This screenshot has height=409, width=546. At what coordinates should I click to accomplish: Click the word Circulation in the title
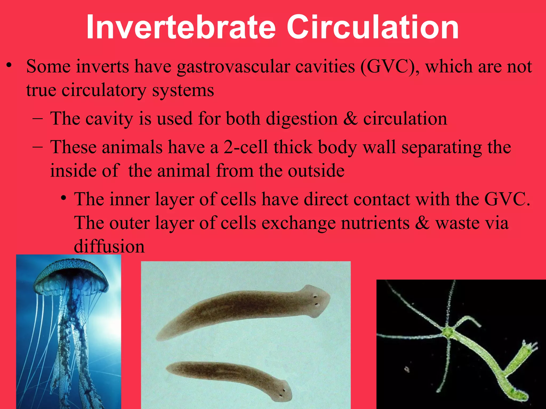coord(373,27)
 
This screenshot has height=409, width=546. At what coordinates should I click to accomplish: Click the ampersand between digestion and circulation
coord(350,119)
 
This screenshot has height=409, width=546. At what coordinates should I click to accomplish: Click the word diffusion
coord(109,246)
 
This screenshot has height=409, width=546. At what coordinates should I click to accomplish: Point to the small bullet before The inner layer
coord(63,198)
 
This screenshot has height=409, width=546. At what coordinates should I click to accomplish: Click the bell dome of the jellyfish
coord(71,273)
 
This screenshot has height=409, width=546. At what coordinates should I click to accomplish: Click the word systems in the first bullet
coord(183,91)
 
